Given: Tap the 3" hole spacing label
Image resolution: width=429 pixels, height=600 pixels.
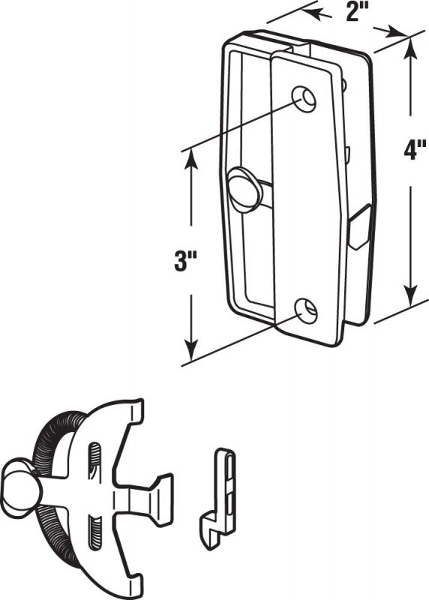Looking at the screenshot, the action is (185, 262).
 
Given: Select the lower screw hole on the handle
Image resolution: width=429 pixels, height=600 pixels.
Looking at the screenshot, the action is (307, 310).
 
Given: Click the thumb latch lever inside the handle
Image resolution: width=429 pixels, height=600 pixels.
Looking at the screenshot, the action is (246, 189).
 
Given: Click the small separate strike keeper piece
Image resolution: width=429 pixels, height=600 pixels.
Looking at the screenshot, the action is (217, 499).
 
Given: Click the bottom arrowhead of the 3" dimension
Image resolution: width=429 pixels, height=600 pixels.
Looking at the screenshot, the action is (191, 349).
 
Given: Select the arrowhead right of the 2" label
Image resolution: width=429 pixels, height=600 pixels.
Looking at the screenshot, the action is (394, 32).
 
